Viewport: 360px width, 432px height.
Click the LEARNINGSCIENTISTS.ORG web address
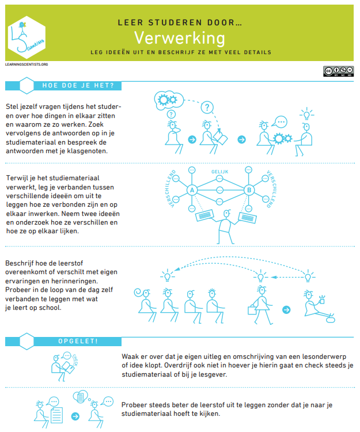point(26,65)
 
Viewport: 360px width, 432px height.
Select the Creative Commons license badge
point(337,71)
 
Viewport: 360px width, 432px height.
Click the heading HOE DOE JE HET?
point(78,86)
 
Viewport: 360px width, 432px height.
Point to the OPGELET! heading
point(78,341)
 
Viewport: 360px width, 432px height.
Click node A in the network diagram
point(192,191)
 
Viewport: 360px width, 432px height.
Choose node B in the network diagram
point(249,191)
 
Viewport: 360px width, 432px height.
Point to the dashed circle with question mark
point(207,107)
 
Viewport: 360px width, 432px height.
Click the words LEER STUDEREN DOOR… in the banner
point(179,23)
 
